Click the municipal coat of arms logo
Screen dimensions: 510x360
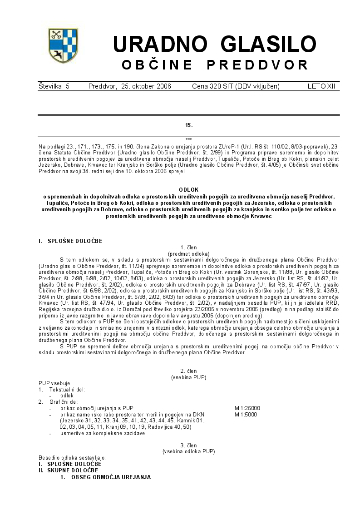point(63,45)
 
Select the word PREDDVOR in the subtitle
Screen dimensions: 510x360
point(257,65)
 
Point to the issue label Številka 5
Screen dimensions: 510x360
point(54,86)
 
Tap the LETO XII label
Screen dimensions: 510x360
point(321,86)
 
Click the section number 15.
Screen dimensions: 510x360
point(189,125)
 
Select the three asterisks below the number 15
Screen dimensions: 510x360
point(189,139)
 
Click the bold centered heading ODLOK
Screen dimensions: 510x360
point(188,189)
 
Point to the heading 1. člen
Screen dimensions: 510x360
point(188,248)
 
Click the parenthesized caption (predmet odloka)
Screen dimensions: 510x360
point(188,253)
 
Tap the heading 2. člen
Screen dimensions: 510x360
point(188,371)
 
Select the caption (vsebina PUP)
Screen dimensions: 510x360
point(188,377)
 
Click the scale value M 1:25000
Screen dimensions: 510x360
point(247,408)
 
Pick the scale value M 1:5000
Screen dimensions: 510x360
point(246,415)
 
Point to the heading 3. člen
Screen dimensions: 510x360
point(188,445)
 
